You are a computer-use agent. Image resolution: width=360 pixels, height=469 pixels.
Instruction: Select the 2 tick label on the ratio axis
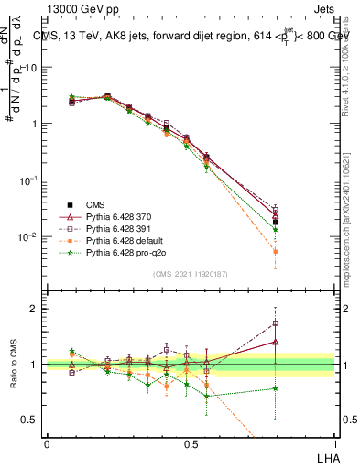[x=34, y=309]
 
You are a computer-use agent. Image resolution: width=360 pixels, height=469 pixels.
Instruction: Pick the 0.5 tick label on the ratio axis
[x=29, y=420]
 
